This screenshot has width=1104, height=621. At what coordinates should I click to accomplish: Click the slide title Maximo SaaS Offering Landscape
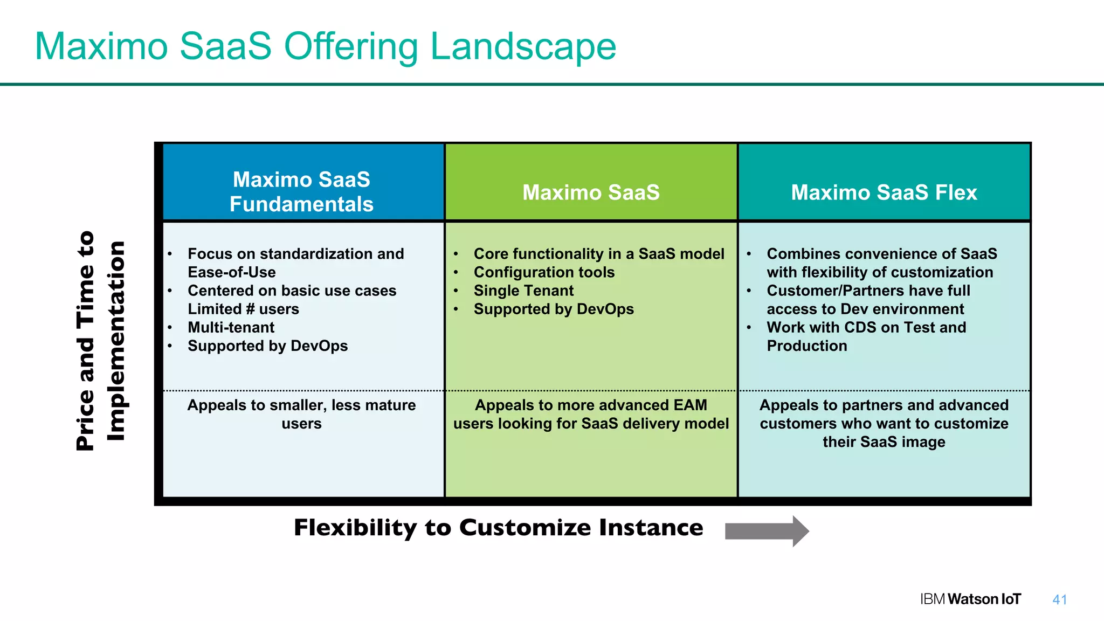[325, 46]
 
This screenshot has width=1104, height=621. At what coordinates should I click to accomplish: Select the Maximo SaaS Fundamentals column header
[301, 192]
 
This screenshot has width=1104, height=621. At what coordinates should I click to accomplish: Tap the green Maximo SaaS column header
[591, 192]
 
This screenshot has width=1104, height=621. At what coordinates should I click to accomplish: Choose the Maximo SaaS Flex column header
[884, 192]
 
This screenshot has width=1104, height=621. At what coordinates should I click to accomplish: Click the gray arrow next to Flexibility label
[766, 531]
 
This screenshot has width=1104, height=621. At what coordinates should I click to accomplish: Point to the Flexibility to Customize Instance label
[498, 528]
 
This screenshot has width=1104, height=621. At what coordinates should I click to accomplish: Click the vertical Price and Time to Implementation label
[101, 341]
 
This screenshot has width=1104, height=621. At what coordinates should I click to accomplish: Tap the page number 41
[1059, 599]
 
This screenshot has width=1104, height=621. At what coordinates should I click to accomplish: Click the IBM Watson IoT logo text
[970, 599]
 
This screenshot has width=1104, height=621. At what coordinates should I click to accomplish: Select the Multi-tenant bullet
[231, 327]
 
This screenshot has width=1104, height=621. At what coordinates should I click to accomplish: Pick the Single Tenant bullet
[523, 291]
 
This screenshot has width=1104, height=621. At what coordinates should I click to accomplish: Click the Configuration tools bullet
[543, 272]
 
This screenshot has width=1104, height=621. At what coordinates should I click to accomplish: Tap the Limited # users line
[243, 309]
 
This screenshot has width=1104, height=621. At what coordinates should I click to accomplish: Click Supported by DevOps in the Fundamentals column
[267, 346]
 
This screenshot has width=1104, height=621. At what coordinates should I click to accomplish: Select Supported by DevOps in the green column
[553, 309]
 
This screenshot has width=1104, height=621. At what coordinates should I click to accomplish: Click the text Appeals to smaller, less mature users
[301, 414]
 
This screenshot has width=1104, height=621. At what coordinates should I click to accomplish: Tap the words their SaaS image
[884, 442]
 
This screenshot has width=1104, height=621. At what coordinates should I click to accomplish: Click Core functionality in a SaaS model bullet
[598, 254]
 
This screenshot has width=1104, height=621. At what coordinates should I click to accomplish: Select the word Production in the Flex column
[806, 346]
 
